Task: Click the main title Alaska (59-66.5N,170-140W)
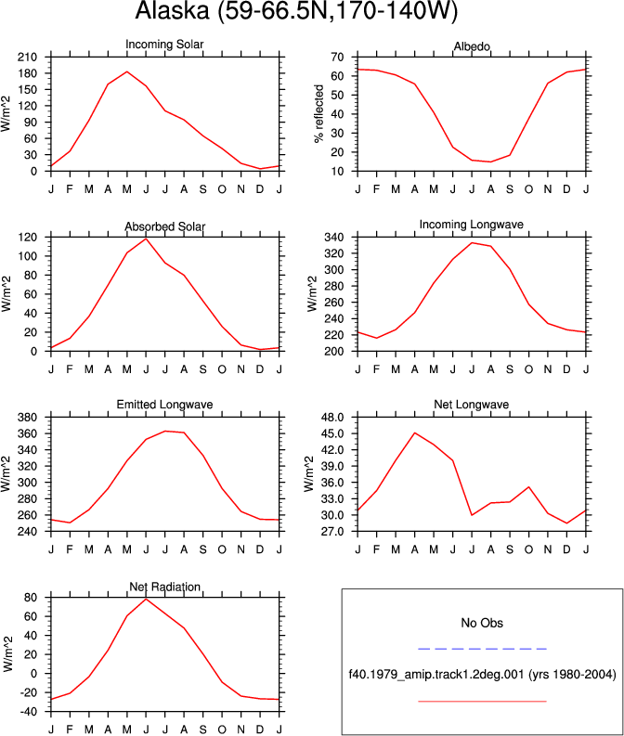[296, 10]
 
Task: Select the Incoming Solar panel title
[164, 45]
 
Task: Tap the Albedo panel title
[472, 46]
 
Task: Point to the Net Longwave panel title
[472, 405]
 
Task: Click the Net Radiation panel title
[164, 587]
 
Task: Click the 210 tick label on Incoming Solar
[27, 58]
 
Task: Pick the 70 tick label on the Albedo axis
[337, 58]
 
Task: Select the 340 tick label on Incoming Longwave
[334, 238]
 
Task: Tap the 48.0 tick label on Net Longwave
[332, 418]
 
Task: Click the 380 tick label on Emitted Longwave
[27, 418]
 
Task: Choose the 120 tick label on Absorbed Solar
[27, 238]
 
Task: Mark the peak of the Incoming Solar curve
[127, 71]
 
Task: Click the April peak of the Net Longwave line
[414, 433]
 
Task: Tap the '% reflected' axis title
[319, 113]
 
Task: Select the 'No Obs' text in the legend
[482, 624]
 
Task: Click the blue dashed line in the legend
[482, 649]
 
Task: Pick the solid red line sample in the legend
[482, 702]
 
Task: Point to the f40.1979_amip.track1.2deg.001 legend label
[435, 675]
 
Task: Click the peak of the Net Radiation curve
[146, 599]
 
